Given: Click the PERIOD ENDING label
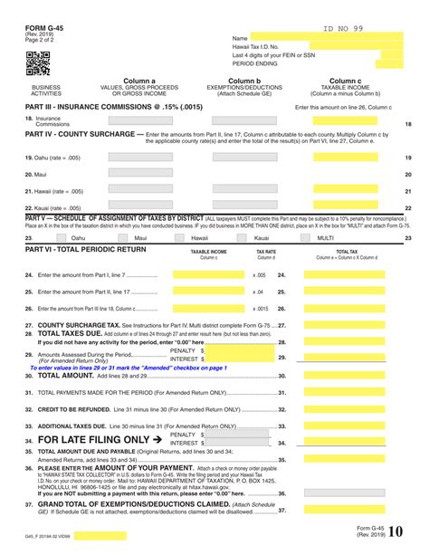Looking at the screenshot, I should click(x=255, y=65).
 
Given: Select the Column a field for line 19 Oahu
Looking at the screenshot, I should click(x=139, y=157).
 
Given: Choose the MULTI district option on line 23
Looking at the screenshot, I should click(x=326, y=237).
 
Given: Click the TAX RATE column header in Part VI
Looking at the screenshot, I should click(x=266, y=253).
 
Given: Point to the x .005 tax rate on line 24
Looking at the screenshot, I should click(x=260, y=274).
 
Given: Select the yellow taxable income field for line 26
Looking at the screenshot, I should click(x=208, y=308).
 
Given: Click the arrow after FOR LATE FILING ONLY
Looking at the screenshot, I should click(x=157, y=440).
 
